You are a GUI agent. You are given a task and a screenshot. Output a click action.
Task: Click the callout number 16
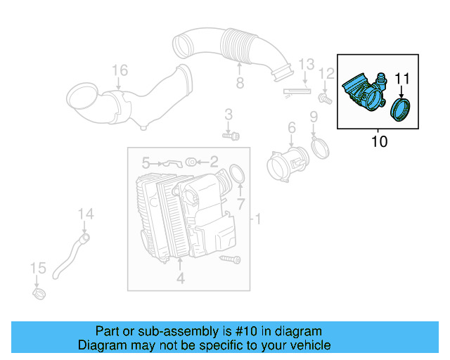(120, 70)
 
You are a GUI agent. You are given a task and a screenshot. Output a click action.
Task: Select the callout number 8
(240, 84)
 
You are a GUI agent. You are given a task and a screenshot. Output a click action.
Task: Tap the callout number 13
(305, 65)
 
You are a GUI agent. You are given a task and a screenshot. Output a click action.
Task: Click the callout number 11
(401, 78)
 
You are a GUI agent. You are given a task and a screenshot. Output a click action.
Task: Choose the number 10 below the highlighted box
(378, 142)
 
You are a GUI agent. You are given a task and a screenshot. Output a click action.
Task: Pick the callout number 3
(228, 115)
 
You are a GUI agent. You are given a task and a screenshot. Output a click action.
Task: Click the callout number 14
(84, 214)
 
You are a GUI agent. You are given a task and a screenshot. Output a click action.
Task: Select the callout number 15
(37, 269)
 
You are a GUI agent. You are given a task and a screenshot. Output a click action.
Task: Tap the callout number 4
(180, 278)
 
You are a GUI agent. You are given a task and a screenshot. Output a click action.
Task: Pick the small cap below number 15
(39, 291)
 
